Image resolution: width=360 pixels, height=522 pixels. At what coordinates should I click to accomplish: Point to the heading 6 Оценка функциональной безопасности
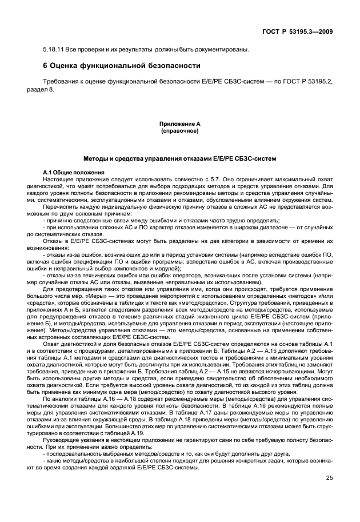point(122,65)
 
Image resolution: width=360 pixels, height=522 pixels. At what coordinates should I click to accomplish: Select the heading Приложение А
point(180,123)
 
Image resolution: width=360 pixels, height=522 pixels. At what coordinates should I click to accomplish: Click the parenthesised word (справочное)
point(180,130)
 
